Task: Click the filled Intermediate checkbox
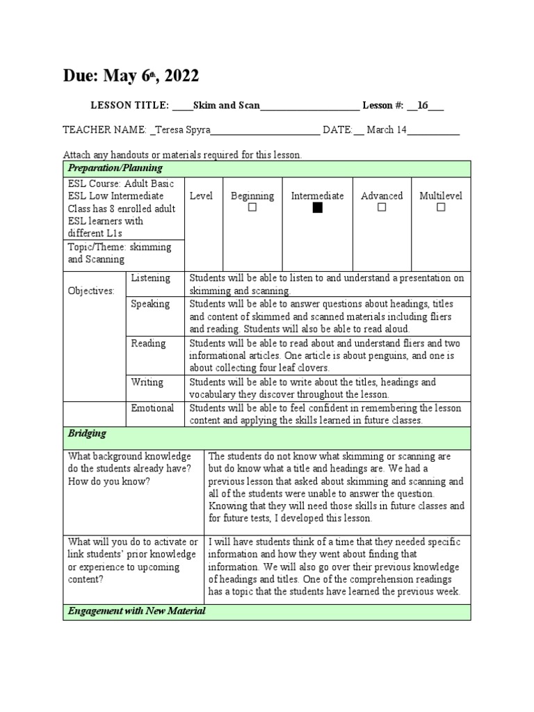pyautogui.click(x=318, y=208)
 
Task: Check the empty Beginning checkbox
pyautogui.click(x=252, y=208)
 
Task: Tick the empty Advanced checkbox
pyautogui.click(x=382, y=208)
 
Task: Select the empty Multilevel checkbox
pyautogui.click(x=441, y=208)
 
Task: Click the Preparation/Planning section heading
pyautogui.click(x=115, y=168)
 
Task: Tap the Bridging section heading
pyautogui.click(x=87, y=433)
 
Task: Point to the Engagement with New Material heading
pyautogui.click(x=136, y=611)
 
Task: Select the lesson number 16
pyautogui.click(x=423, y=106)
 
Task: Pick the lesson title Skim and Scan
pyautogui.click(x=227, y=106)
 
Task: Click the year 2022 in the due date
pyautogui.click(x=180, y=76)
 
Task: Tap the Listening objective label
pyautogui.click(x=150, y=278)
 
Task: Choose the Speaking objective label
pyautogui.click(x=150, y=304)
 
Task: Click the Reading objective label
pyautogui.click(x=148, y=343)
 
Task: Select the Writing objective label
pyautogui.click(x=147, y=382)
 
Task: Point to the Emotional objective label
pyautogui.click(x=152, y=408)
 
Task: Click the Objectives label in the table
pyautogui.click(x=91, y=291)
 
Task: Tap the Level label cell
pyautogui.click(x=201, y=196)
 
